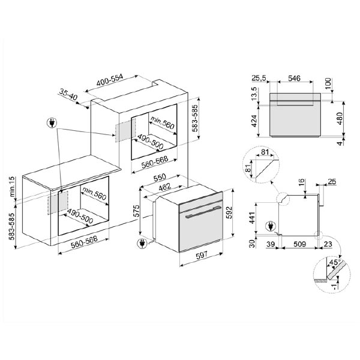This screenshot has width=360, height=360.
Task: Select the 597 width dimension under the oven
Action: coord(202,257)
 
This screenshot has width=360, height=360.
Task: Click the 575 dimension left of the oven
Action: coord(137,211)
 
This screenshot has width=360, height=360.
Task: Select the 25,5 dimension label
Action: coord(259,78)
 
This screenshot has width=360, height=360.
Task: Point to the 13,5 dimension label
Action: coord(254,94)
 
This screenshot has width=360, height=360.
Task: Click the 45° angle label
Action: coord(331,262)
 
